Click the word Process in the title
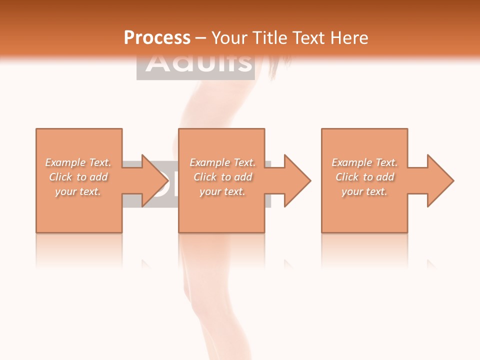click(x=157, y=38)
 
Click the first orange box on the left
click(x=79, y=215)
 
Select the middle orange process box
click(x=221, y=215)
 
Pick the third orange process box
click(x=364, y=215)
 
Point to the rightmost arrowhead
click(x=440, y=180)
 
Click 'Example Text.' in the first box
click(x=78, y=162)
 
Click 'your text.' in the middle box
click(x=222, y=191)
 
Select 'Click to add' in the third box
click(x=365, y=177)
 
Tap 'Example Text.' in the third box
click(x=365, y=162)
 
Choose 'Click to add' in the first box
click(x=78, y=177)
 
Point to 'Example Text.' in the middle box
click(x=222, y=162)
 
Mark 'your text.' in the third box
click(x=364, y=191)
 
